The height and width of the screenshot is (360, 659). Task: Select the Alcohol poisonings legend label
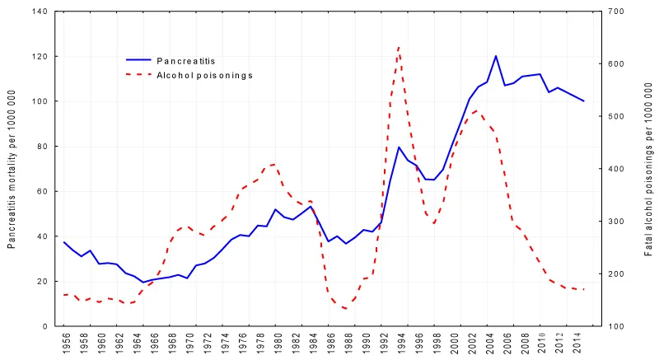coord(204,75)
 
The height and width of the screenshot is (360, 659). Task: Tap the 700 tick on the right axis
coord(616,12)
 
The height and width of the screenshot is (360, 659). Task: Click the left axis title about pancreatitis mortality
coord(12,169)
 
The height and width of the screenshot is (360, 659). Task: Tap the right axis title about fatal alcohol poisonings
coord(649,169)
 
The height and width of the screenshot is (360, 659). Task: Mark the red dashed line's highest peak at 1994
coord(399,47)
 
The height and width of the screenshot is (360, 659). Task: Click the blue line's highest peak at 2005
coord(496,56)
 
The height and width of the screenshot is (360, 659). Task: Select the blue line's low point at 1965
coord(143,283)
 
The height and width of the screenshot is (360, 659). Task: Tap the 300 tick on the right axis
coord(616,222)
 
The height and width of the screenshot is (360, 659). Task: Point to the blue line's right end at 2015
coord(584,101)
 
